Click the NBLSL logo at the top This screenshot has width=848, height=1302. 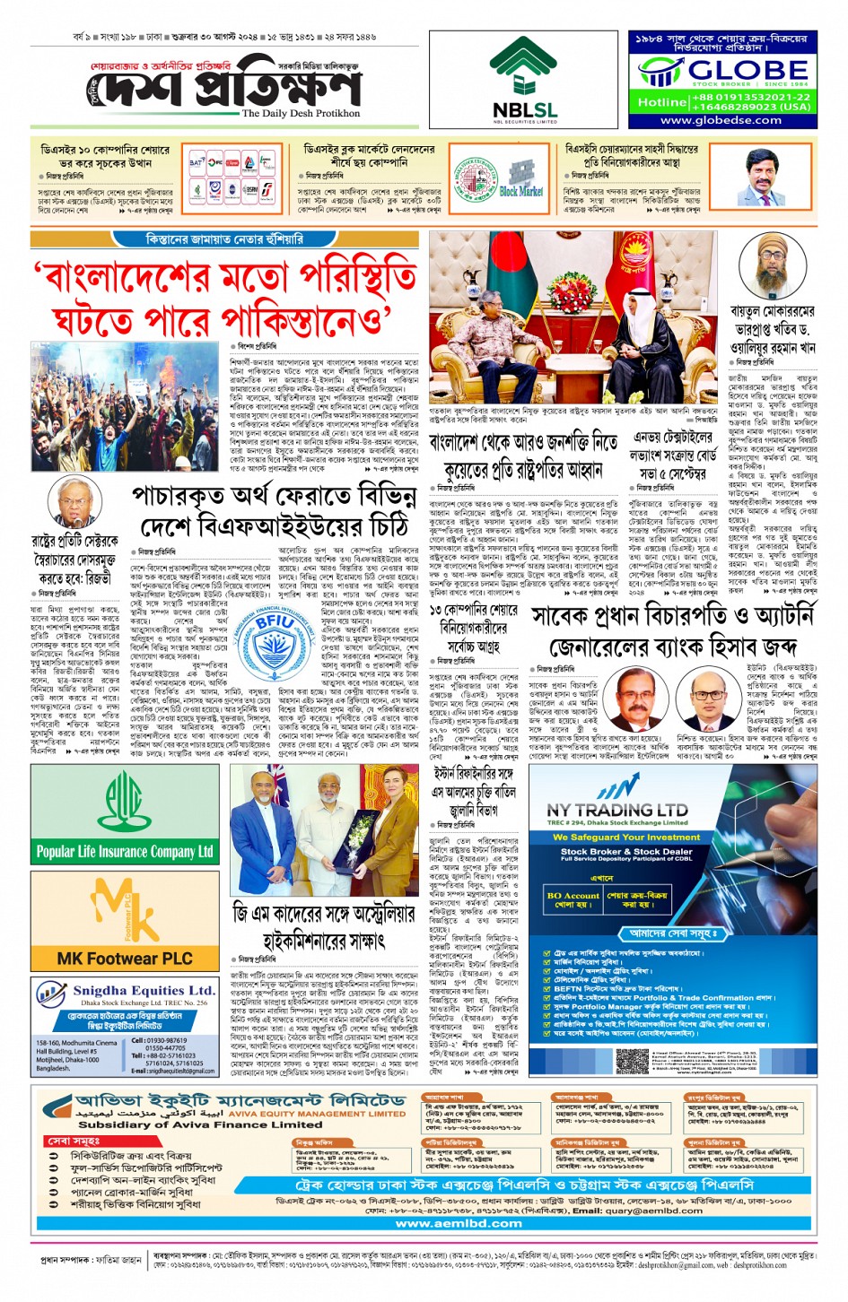coord(524,81)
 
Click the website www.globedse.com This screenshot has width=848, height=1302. coord(721,120)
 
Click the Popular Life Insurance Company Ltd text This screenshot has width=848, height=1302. coord(125,851)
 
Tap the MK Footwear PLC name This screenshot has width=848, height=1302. coord(125,959)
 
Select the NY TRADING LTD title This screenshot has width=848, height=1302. coord(617,809)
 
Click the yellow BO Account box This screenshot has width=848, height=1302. coord(573,898)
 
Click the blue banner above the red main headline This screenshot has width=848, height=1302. coord(224,239)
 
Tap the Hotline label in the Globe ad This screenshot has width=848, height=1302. coord(660,102)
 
